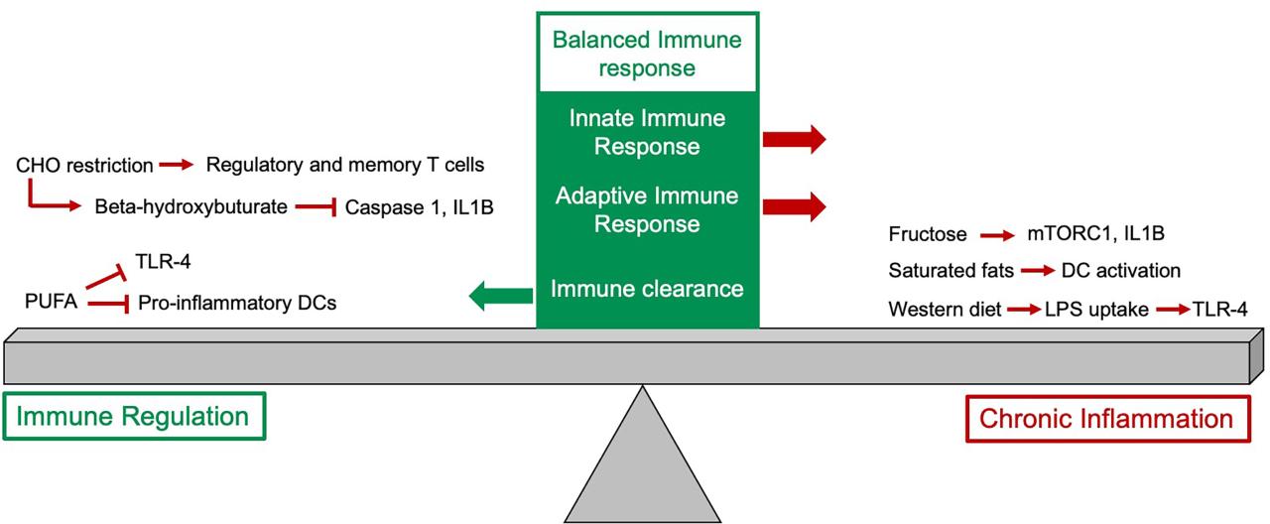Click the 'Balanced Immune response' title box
click(x=647, y=55)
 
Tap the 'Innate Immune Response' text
click(x=647, y=132)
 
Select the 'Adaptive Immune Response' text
click(x=647, y=209)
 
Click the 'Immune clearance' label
click(x=647, y=289)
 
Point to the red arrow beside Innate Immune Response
click(x=794, y=139)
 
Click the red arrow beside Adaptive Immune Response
click(x=794, y=206)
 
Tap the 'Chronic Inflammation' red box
click(x=1106, y=418)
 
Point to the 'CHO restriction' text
click(x=84, y=165)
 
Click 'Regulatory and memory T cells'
click(x=344, y=165)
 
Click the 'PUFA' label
click(x=52, y=301)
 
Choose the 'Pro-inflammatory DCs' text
click(x=237, y=303)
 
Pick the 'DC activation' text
click(x=1121, y=271)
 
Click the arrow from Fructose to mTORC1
click(x=996, y=236)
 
